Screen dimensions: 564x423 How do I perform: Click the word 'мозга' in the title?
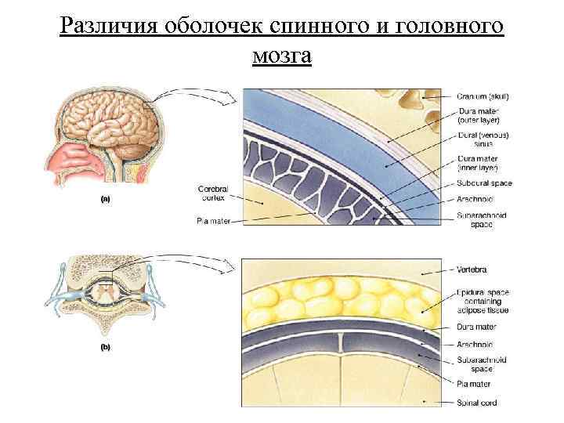(282, 56)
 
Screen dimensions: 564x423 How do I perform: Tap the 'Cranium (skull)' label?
(483, 96)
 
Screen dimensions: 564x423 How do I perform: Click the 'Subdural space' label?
(484, 184)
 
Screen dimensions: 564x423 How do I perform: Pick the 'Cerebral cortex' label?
(212, 192)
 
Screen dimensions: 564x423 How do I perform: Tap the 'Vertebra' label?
(472, 269)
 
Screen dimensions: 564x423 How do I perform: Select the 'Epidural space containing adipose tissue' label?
(483, 300)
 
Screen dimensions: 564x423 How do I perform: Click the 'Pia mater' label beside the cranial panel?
(212, 222)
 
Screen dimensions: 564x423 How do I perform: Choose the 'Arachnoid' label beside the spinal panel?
(475, 344)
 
